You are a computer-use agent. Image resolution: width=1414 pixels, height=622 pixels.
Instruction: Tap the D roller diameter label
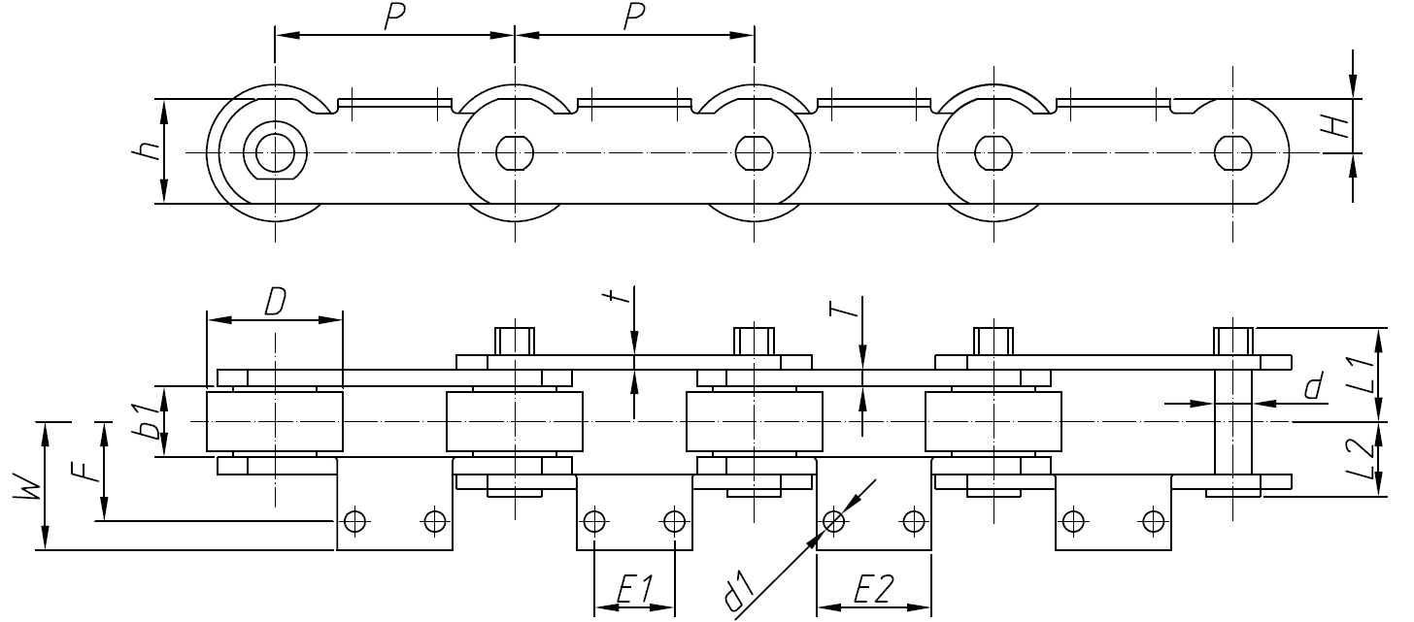pos(275,303)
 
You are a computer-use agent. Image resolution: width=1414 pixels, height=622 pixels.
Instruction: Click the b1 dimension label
pos(149,422)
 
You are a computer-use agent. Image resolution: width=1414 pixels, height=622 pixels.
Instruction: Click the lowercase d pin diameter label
pos(1313,388)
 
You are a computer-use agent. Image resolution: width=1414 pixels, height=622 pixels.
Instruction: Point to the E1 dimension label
pos(633,589)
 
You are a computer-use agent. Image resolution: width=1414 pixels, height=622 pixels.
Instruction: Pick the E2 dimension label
pos(873,589)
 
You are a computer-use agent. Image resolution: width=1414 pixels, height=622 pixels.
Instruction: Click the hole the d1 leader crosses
pos(833,521)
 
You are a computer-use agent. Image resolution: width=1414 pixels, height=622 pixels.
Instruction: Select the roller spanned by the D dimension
pos(274,422)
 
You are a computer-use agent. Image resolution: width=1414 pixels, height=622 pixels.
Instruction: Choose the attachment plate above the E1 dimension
pos(634,511)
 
